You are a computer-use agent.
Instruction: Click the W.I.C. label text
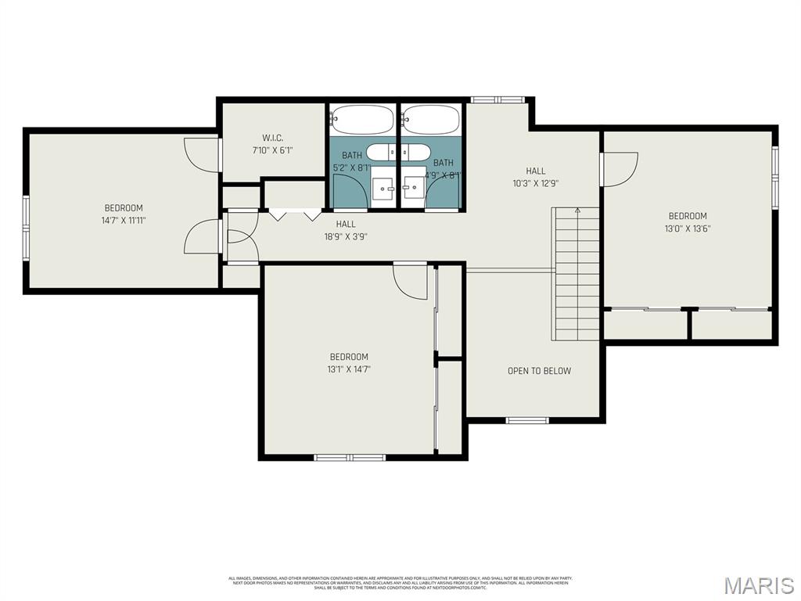(x=272, y=138)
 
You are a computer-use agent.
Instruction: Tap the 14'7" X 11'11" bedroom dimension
(x=124, y=221)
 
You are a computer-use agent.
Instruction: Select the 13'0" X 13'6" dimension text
(x=687, y=229)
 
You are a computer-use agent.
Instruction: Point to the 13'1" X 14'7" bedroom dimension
(x=348, y=369)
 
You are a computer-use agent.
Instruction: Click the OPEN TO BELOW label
(x=539, y=371)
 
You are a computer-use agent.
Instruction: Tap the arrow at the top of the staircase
(x=577, y=211)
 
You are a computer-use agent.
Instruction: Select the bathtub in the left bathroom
(x=361, y=121)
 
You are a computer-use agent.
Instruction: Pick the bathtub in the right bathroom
(x=431, y=121)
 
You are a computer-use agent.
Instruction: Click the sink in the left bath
(x=383, y=189)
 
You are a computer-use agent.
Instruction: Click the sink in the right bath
(x=414, y=189)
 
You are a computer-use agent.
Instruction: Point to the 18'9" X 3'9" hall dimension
(x=346, y=236)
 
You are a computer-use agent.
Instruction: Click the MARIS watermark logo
(x=758, y=585)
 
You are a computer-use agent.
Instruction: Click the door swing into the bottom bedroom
(x=410, y=282)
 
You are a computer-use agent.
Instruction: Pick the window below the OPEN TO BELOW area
(x=528, y=420)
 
